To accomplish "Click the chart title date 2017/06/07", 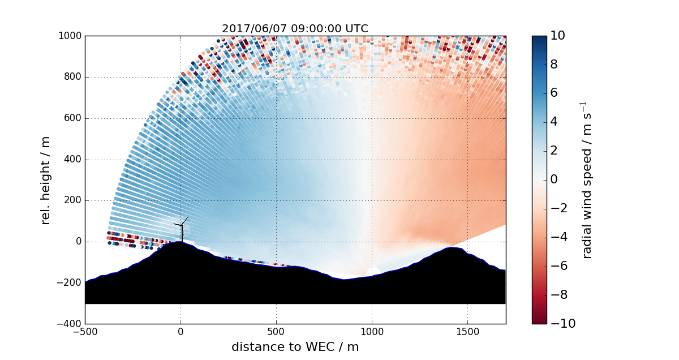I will [x=250, y=29].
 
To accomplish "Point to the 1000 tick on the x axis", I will [x=372, y=332].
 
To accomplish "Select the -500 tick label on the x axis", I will [x=85, y=332].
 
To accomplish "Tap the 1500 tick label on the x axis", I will [x=467, y=332].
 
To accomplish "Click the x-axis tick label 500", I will [x=276, y=332].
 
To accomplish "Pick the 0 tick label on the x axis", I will [x=181, y=332].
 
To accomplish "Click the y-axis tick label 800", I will [x=70, y=78].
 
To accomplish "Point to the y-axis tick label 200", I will [x=70, y=201].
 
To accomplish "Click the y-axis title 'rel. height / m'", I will [x=46, y=180].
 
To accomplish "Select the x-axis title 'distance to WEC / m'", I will [x=295, y=347].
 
